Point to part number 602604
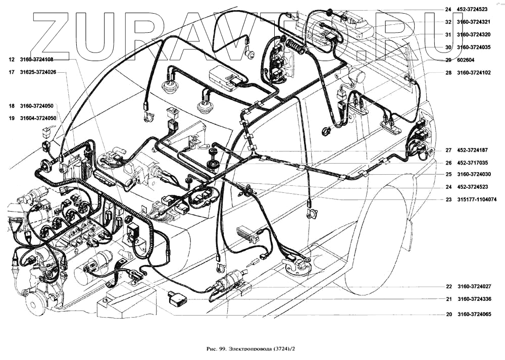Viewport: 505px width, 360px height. (x=467, y=60)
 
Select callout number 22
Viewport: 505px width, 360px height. (x=448, y=287)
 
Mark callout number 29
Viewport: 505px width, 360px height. (x=448, y=60)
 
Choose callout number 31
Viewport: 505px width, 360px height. (x=448, y=35)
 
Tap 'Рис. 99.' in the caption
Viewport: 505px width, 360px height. (x=217, y=348)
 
